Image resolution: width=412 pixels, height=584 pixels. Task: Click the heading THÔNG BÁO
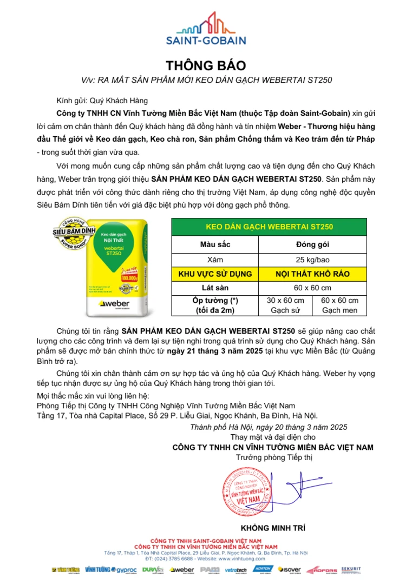pyautogui.click(x=206, y=66)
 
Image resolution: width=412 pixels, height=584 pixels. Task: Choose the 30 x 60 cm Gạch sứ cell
pyautogui.click(x=285, y=306)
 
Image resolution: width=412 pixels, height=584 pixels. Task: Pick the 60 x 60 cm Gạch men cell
pyautogui.click(x=339, y=306)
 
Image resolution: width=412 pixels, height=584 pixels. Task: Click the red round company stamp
pyautogui.click(x=251, y=494)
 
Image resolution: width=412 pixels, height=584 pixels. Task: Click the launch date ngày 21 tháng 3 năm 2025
pyautogui.click(x=213, y=351)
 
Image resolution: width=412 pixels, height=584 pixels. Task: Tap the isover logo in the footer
pyautogui.click(x=289, y=570)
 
